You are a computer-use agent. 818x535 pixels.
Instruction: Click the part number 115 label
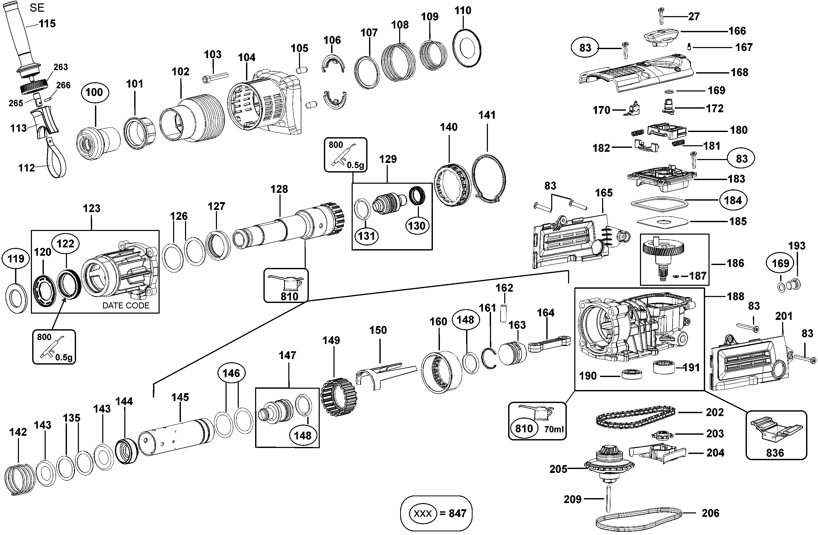pos(47,24)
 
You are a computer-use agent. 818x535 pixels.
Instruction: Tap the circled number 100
pos(94,92)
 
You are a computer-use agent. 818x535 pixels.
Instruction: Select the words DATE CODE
pos(126,306)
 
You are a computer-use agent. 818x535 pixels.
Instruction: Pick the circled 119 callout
pos(16,259)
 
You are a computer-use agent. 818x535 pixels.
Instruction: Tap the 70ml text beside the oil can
pos(554,429)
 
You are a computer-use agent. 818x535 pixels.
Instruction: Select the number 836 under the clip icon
pos(775,453)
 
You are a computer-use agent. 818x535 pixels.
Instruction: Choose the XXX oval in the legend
pos(422,514)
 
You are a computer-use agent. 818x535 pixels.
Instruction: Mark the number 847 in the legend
pos(458,514)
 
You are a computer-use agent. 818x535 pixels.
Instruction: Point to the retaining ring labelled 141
pos(488,179)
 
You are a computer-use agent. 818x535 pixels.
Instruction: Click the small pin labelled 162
pos(503,312)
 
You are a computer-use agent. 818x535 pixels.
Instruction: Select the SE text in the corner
pos(37,8)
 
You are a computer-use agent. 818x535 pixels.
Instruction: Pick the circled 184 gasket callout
pos(733,200)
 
